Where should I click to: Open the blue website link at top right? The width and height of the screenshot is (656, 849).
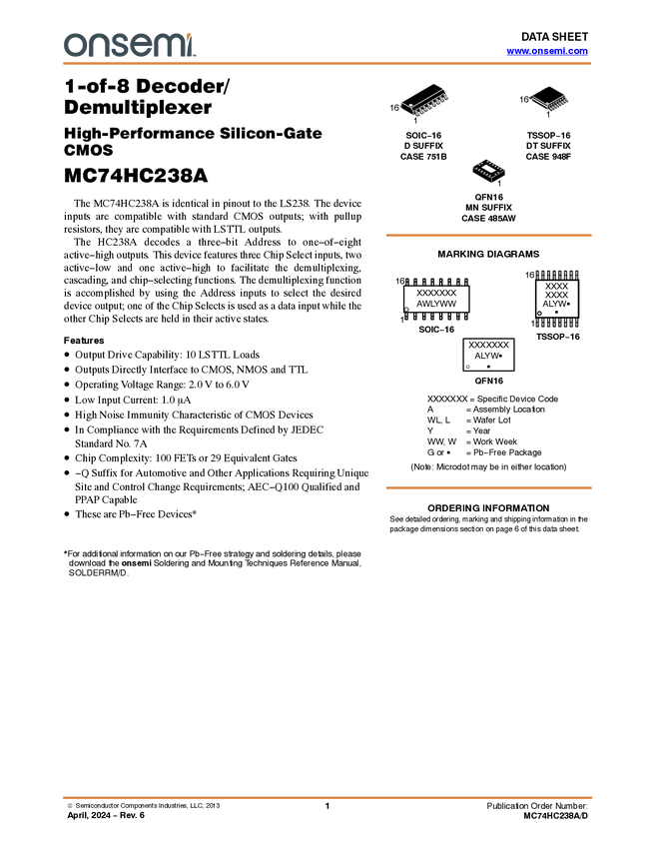point(547,51)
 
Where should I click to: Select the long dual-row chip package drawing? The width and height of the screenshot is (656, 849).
point(425,101)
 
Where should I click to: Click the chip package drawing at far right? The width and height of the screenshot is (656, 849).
point(550,101)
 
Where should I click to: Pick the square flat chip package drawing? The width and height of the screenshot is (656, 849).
point(489,169)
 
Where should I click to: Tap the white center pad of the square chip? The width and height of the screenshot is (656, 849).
point(489,168)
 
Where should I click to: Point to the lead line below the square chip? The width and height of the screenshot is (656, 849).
point(490,183)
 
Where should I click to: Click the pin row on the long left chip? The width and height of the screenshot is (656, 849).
point(431,98)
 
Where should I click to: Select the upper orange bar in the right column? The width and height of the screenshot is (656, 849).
point(488,236)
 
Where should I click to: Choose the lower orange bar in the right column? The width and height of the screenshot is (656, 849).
point(488,488)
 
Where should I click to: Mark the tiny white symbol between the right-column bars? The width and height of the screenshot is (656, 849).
point(467,367)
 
